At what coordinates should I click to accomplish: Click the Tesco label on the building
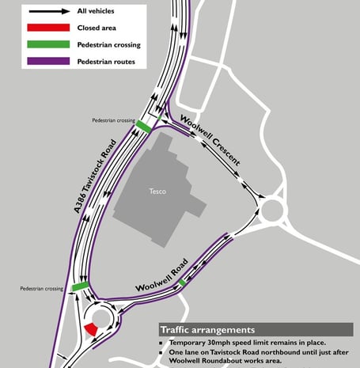pos(157,192)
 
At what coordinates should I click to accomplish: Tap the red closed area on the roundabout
pos(91,328)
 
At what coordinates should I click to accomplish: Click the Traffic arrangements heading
pos(207,329)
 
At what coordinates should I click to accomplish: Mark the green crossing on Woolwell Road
pos(183,283)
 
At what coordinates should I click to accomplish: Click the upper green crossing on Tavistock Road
pos(144,126)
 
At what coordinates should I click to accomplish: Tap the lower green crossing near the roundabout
pos(81,286)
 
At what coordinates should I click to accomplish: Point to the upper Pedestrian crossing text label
pos(113,120)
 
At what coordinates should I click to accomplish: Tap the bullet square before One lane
pos(161,353)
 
